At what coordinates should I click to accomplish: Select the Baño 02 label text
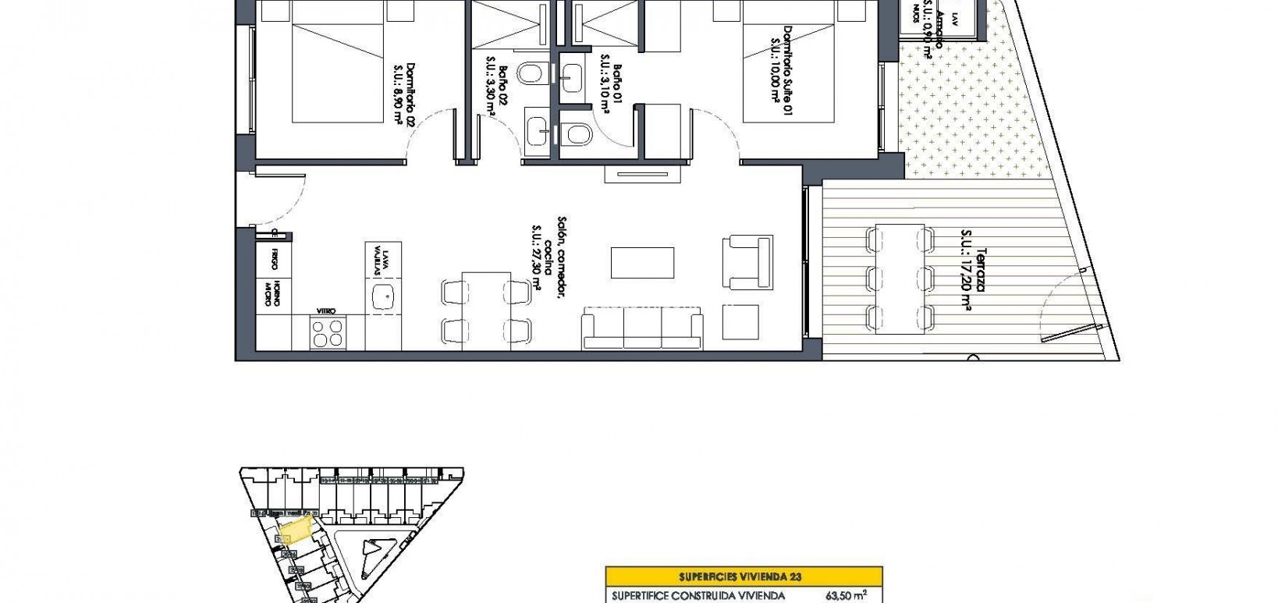[x=498, y=91]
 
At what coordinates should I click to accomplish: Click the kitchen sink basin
[x=384, y=296]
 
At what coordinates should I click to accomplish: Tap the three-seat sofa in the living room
[x=643, y=328]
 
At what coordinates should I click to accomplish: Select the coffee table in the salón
[x=642, y=263]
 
